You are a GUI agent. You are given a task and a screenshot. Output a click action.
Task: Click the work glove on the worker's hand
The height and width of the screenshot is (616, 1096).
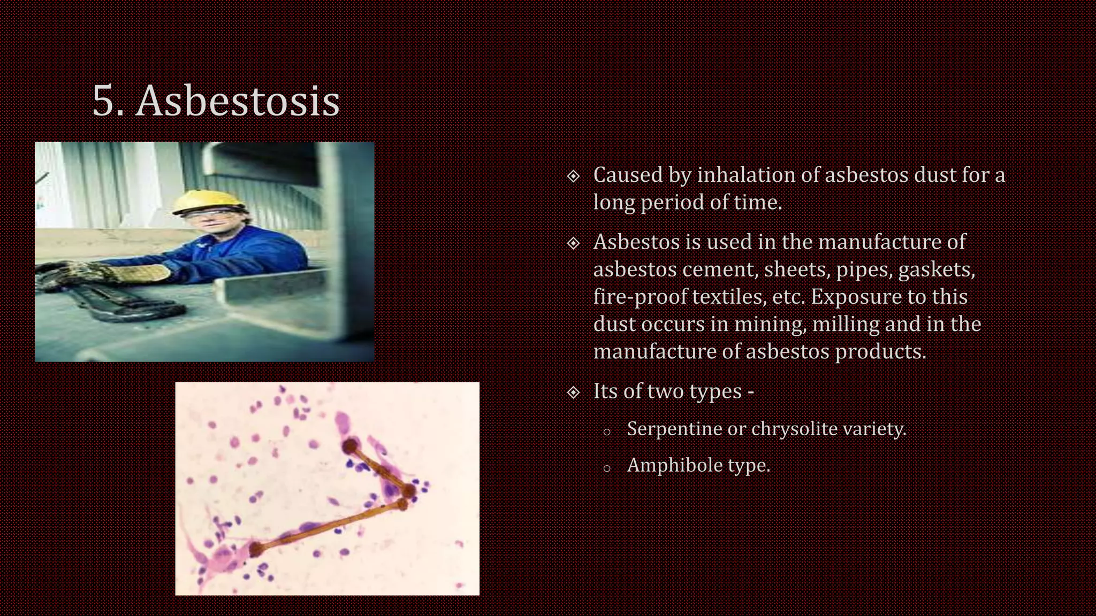pyautogui.click(x=139, y=273)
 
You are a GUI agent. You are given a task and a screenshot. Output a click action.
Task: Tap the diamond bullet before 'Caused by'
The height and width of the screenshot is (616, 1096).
pyautogui.click(x=573, y=176)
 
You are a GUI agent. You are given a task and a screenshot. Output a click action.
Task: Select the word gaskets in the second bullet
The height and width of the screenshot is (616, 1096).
pyautogui.click(x=937, y=269)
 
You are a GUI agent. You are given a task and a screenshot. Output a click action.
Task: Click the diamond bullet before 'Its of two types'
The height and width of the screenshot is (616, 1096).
pyautogui.click(x=573, y=392)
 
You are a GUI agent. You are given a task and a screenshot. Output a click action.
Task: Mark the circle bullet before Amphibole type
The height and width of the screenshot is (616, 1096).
pyautogui.click(x=606, y=469)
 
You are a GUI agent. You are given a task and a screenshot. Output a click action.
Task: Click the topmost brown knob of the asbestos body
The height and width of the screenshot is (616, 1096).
pyautogui.click(x=351, y=445)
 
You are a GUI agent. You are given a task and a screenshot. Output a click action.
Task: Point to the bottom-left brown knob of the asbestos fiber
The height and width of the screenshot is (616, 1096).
pyautogui.click(x=256, y=549)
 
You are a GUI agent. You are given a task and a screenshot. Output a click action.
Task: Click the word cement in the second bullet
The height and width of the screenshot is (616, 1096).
pyautogui.click(x=720, y=269)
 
